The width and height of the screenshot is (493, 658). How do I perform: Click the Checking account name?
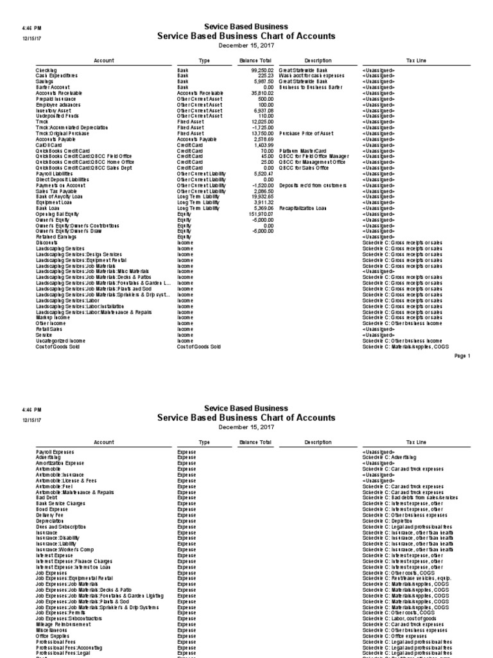47,70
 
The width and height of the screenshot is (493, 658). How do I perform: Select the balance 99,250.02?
262,70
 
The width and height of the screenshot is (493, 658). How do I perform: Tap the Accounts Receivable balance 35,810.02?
262,93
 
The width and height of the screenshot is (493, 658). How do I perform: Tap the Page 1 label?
462,355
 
